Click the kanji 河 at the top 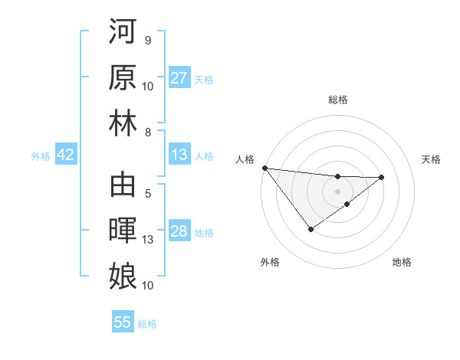[x=122, y=32]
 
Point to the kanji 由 [x=122, y=185]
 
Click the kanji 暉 [x=122, y=231]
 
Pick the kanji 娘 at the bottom [x=122, y=275]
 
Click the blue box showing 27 [x=179, y=78]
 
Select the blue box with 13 [x=179, y=155]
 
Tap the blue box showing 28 [x=179, y=232]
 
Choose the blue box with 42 [x=66, y=155]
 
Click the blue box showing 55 [x=123, y=322]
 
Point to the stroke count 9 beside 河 [x=147, y=40]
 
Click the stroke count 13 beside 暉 [x=148, y=240]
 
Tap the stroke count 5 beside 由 [x=147, y=193]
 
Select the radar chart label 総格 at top [x=337, y=100]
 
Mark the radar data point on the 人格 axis [x=264, y=168]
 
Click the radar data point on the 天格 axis [x=381, y=178]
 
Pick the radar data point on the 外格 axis [x=310, y=229]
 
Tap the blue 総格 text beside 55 [x=147, y=323]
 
